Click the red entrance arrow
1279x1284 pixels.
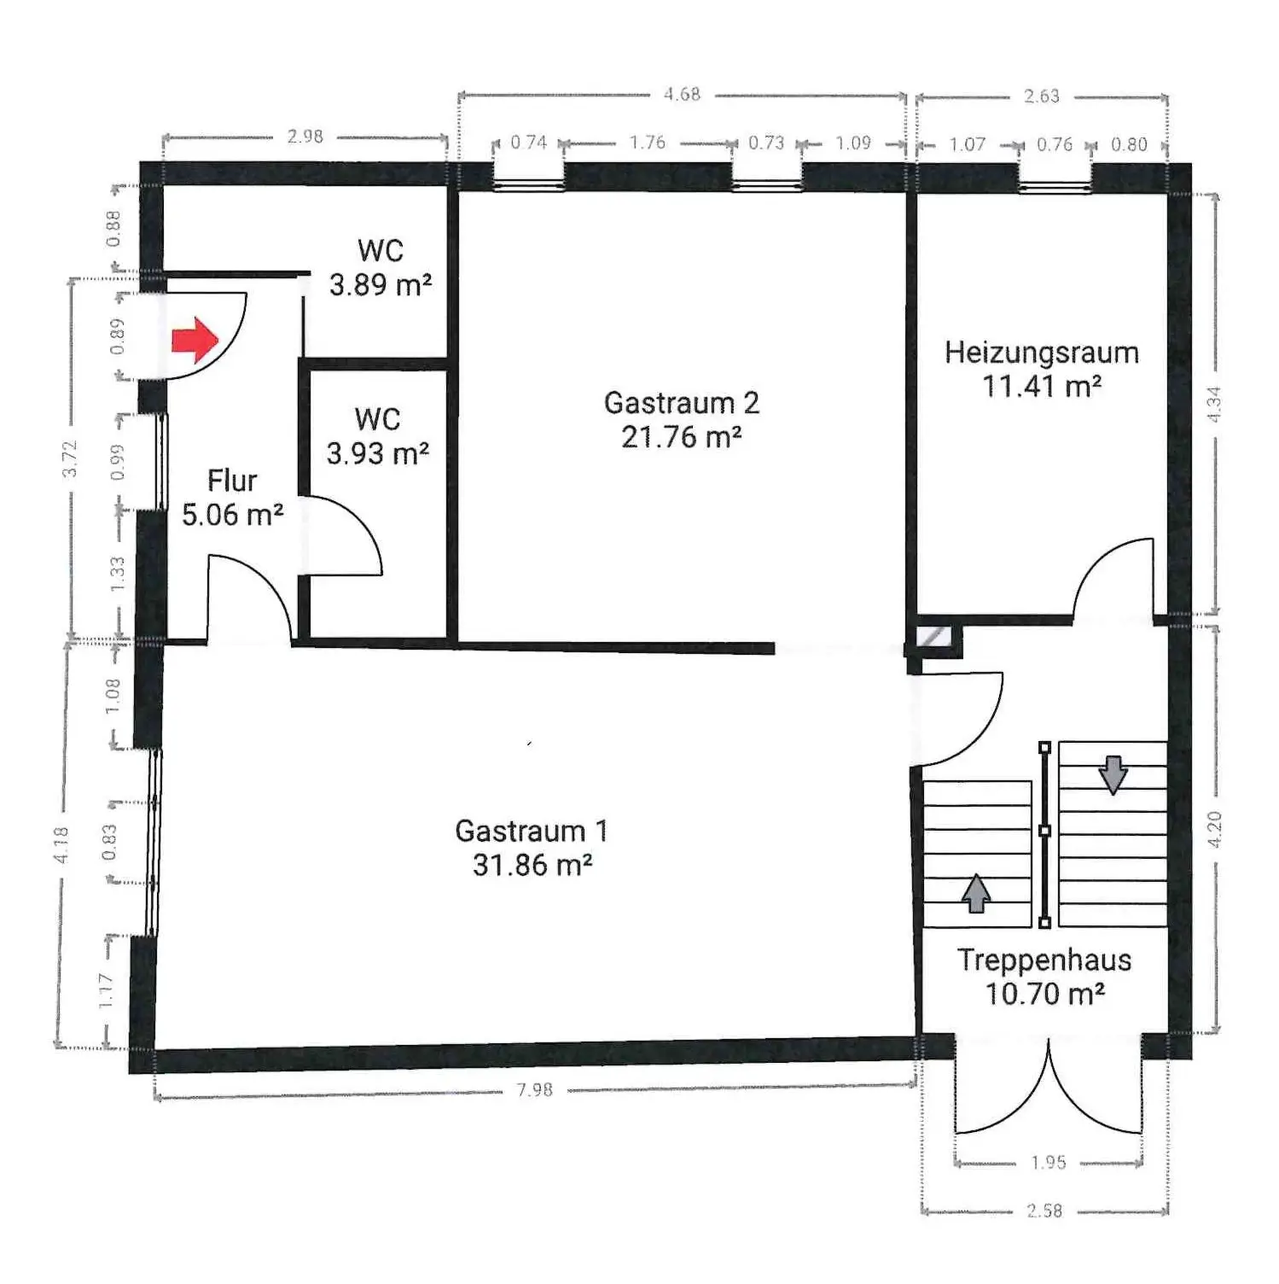195,340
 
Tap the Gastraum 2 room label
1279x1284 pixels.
681,402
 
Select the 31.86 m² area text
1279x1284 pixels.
532,865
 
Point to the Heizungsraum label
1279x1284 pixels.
1042,353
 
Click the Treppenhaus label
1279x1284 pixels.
1044,960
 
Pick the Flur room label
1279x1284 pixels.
232,481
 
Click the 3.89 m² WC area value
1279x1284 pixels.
381,284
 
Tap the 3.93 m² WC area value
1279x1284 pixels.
378,453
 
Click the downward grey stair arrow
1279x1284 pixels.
1113,774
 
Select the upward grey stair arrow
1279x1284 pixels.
976,893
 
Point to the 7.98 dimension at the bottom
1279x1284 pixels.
535,1089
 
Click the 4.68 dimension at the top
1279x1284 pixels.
683,94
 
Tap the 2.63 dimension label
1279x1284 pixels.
1042,96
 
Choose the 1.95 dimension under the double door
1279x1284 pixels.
1049,1163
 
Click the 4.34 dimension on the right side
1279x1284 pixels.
1215,403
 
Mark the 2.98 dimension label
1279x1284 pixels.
305,137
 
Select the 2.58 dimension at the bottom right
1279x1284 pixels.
1045,1211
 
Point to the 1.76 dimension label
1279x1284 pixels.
648,143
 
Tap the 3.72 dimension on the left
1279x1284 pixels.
71,458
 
